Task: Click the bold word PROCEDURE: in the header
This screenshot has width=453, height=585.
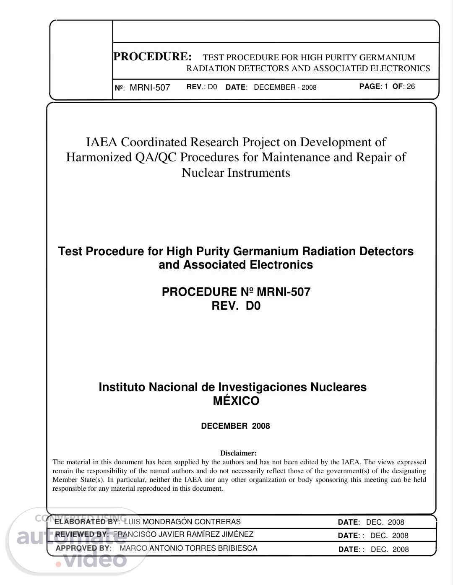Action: click(x=153, y=57)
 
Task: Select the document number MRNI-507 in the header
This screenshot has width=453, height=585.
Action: click(x=150, y=88)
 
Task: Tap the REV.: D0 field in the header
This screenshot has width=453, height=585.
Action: click(x=202, y=87)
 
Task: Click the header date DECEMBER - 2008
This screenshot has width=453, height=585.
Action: click(x=285, y=87)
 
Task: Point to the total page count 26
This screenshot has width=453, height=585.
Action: click(x=411, y=86)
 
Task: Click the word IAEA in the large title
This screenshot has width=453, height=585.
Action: click(x=102, y=142)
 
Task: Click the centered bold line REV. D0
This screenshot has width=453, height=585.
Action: click(x=236, y=306)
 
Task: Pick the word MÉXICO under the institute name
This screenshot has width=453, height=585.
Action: click(x=236, y=401)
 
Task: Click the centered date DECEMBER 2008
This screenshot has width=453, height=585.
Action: click(x=235, y=426)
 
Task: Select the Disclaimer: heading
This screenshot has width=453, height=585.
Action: click(x=238, y=453)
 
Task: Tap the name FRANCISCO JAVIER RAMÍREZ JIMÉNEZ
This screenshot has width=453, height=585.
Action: click(x=183, y=534)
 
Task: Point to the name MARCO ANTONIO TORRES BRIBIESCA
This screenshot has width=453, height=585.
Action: click(x=188, y=548)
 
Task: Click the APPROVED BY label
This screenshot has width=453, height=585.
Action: click(x=83, y=548)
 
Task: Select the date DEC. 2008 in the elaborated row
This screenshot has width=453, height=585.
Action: click(x=385, y=522)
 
